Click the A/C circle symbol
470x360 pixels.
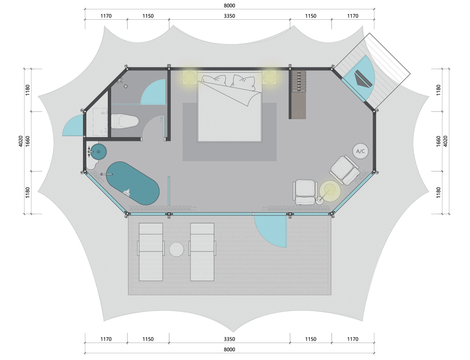360,151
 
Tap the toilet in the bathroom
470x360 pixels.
125,121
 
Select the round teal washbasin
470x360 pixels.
98,151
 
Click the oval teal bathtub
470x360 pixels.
133,183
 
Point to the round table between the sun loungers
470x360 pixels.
177,249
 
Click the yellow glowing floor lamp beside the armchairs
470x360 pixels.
330,190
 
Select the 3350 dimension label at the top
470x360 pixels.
229,16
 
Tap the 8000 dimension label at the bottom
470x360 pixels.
229,349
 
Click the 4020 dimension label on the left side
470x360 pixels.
21,141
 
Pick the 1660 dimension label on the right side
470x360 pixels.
438,141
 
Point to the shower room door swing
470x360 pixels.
153,92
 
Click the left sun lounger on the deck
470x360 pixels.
151,252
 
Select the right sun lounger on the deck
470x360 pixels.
202,252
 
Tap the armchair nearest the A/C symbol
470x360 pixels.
345,170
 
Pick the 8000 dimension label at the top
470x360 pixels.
229,6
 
